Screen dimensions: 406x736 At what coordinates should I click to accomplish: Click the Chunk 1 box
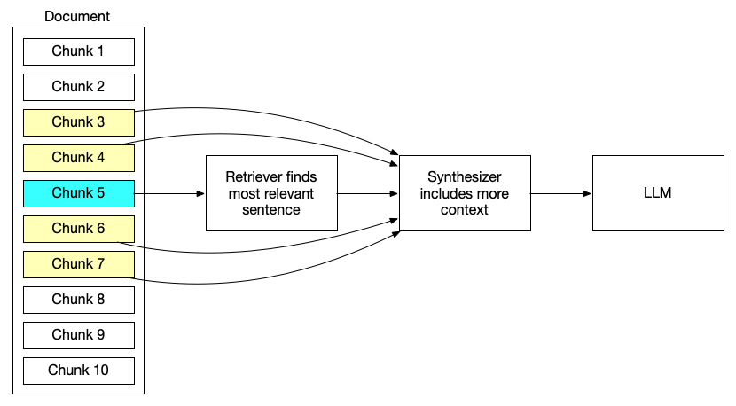point(78,51)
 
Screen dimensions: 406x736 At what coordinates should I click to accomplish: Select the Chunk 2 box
point(78,87)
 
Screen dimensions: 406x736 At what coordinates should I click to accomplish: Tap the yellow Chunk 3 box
point(78,122)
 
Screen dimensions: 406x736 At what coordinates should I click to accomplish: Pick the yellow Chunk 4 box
point(78,158)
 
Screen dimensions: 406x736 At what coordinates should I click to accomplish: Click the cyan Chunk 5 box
point(78,193)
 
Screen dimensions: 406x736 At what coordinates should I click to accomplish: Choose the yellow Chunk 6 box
point(78,229)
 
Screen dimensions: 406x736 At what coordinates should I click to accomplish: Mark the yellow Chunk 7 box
point(78,264)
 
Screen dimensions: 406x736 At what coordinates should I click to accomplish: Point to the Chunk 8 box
point(78,300)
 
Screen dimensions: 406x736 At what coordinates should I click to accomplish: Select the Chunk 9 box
point(78,335)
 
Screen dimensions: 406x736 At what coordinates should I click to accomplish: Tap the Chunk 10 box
point(78,371)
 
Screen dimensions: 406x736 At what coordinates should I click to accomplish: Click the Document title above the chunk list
point(77,16)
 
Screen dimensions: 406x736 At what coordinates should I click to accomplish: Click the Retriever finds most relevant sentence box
point(270,193)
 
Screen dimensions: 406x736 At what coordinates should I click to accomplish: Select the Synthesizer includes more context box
point(465,193)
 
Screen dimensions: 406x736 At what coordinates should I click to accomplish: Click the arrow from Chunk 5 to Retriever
point(168,193)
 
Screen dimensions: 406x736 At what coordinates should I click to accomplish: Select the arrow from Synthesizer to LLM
point(561,193)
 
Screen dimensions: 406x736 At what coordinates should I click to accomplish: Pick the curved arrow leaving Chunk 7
point(266,282)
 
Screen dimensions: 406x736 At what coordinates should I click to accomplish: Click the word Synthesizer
point(465,177)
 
